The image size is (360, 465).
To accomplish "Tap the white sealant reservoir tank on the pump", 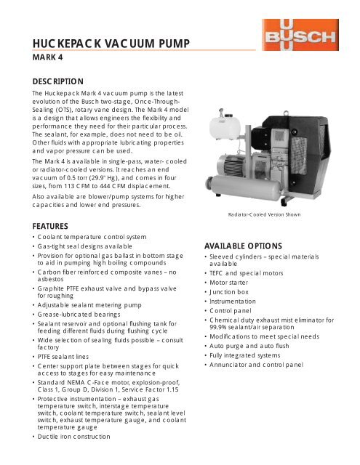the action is tap(219, 124).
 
